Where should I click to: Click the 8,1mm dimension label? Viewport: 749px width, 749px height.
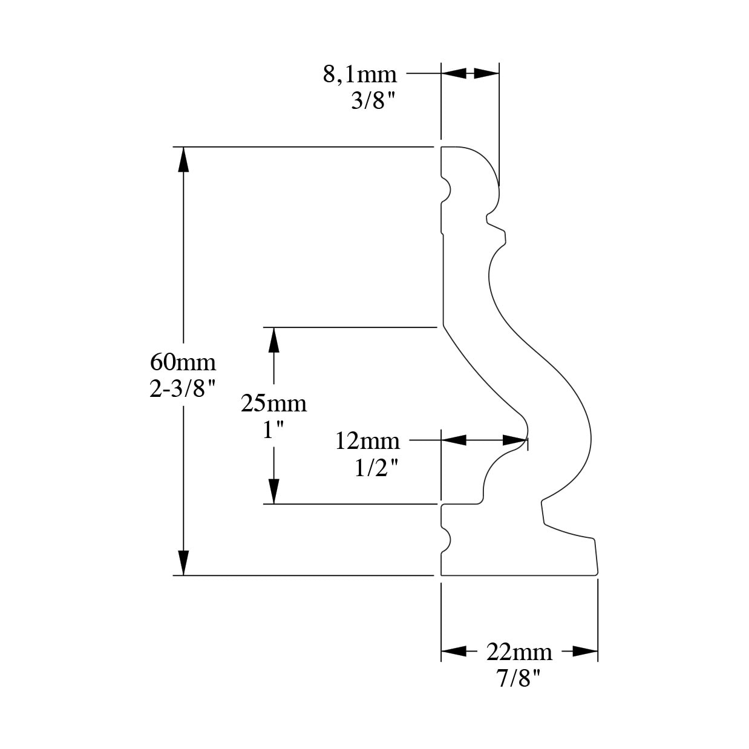click(x=359, y=74)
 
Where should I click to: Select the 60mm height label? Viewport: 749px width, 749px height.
click(x=182, y=362)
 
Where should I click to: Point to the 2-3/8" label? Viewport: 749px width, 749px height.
click(x=182, y=388)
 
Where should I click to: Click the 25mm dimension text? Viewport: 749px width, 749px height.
click(x=273, y=404)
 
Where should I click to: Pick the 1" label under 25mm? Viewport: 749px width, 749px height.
click(x=273, y=430)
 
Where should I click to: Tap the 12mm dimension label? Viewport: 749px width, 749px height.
click(x=367, y=441)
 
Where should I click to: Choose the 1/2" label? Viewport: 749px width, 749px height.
click(x=376, y=468)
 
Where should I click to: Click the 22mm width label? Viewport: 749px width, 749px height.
click(x=519, y=652)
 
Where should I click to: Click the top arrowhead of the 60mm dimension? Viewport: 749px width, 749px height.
click(x=183, y=159)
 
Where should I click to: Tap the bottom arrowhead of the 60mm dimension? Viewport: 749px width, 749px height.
click(x=183, y=563)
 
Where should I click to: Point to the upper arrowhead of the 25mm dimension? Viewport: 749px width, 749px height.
click(x=274, y=339)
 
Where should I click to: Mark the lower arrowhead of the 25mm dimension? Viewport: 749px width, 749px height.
click(x=274, y=491)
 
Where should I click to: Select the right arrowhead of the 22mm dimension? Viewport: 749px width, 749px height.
click(x=585, y=652)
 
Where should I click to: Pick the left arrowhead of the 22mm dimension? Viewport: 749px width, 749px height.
click(x=454, y=652)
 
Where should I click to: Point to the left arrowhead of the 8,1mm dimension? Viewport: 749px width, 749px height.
click(x=454, y=73)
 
